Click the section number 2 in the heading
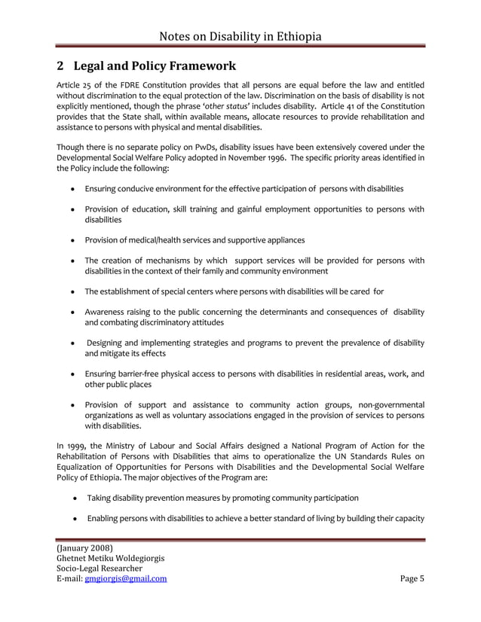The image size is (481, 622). (61, 66)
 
